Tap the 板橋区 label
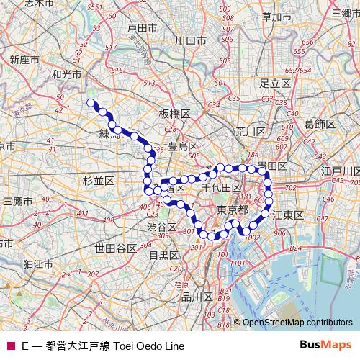click(174, 114)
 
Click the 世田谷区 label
click(115, 248)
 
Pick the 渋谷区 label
click(162, 227)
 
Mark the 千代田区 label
click(221, 187)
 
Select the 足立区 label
click(274, 84)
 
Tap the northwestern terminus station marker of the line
click(91, 103)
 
